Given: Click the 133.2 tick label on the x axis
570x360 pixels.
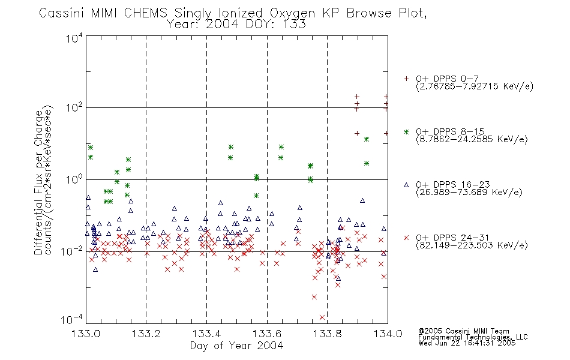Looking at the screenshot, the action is point(146,334).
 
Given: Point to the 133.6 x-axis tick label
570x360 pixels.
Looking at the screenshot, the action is point(267,334).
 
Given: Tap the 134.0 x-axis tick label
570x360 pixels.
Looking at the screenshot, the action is point(388,334).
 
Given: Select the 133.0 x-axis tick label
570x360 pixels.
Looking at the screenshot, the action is point(86,334).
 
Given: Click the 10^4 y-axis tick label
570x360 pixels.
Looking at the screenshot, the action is point(74,38).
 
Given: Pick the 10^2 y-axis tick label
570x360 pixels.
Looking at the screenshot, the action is point(74,108).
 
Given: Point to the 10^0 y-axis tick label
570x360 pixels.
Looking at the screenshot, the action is point(74,179).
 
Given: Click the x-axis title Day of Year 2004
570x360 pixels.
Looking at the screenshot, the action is point(236,346).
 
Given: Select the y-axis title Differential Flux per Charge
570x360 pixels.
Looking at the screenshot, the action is point(39,182).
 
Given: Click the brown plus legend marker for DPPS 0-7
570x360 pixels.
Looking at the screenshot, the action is point(406,79).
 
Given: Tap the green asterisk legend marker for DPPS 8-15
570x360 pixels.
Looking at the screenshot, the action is point(406,132).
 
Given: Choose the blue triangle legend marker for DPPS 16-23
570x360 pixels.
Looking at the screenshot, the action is point(406,185).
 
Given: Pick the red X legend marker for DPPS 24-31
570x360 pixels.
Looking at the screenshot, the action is point(406,238).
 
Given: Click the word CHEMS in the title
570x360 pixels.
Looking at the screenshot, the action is point(145,13).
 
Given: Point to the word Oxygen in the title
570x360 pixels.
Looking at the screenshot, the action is point(292,14).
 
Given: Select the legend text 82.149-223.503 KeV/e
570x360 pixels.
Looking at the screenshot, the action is point(472,245).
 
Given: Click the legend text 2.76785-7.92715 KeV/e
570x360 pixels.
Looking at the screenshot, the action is point(475,86).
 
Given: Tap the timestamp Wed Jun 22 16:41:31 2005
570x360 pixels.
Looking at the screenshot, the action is point(467,343).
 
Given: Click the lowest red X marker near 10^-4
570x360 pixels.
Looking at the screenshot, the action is point(322,317).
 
